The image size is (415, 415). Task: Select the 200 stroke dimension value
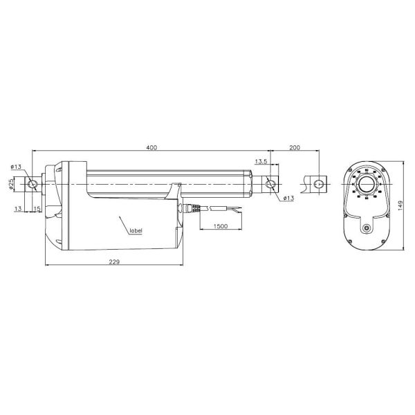(294, 147)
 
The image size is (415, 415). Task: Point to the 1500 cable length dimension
(221, 225)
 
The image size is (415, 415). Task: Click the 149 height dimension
(400, 205)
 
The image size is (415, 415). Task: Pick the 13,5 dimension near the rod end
(261, 161)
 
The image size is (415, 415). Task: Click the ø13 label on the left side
(16, 166)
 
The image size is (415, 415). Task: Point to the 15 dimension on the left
(37, 208)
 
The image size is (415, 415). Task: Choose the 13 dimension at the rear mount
(17, 208)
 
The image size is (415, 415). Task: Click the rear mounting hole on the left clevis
(31, 185)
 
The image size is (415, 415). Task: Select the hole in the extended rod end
(319, 184)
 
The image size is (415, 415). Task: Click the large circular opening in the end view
(365, 187)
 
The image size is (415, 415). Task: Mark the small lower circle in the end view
(364, 229)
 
